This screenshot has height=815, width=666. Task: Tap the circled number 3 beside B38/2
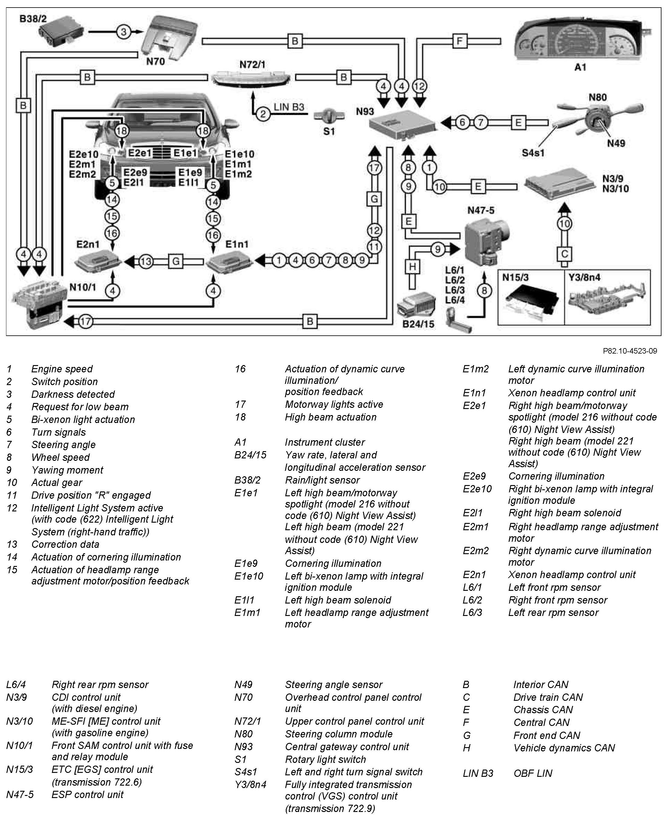click(x=124, y=32)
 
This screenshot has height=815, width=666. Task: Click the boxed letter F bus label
click(x=460, y=41)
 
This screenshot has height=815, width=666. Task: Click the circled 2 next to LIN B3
click(x=263, y=114)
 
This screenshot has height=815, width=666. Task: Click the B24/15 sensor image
click(x=417, y=305)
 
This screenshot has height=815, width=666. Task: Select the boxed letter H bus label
click(x=412, y=266)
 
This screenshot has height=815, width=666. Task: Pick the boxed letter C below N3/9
click(x=564, y=254)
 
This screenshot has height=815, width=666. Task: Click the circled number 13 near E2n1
click(x=146, y=261)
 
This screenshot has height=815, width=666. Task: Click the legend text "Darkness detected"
click(x=73, y=394)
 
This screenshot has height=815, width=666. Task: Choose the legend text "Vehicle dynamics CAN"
click(x=564, y=748)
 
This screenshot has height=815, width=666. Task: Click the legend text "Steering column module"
click(x=338, y=734)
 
